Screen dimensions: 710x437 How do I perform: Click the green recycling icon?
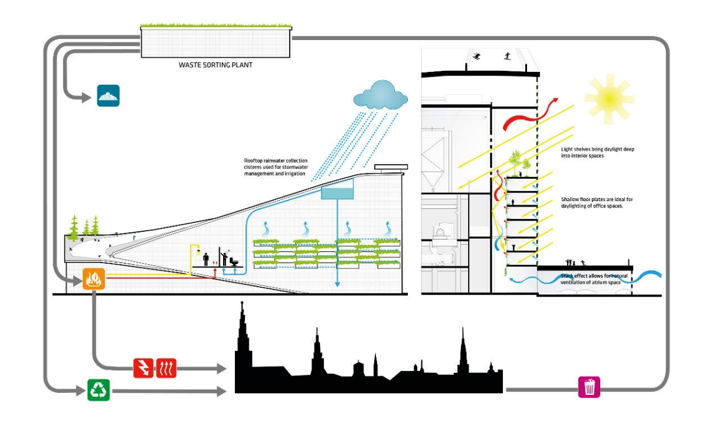pyautogui.click(x=99, y=390)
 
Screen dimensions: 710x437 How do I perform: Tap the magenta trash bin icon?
pyautogui.click(x=589, y=387)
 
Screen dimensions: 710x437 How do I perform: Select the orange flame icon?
pyautogui.click(x=94, y=279)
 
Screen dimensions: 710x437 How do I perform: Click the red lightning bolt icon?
pyautogui.click(x=143, y=368)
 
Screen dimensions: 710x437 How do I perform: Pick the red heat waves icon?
pyautogui.click(x=166, y=368)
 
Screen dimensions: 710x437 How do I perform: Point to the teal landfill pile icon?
pyautogui.click(x=109, y=96)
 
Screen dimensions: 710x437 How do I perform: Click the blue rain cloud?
pyautogui.click(x=380, y=95)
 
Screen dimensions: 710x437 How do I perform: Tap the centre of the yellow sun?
pyautogui.click(x=609, y=99)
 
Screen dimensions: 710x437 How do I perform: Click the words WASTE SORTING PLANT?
pyautogui.click(x=215, y=65)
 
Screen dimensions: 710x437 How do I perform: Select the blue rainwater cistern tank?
pyautogui.click(x=337, y=193)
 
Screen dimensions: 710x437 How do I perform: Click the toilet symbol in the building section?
pyautogui.click(x=234, y=262)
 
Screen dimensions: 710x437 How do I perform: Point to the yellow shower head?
pyautogui.click(x=198, y=252)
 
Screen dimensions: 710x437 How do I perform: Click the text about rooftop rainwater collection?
pyautogui.click(x=276, y=167)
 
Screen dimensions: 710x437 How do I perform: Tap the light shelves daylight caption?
pyautogui.click(x=597, y=152)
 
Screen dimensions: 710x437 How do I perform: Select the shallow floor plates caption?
pyautogui.click(x=597, y=203)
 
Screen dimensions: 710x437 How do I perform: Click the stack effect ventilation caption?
pyautogui.click(x=594, y=279)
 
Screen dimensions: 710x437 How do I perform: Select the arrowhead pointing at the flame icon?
pyautogui.click(x=78, y=281)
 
